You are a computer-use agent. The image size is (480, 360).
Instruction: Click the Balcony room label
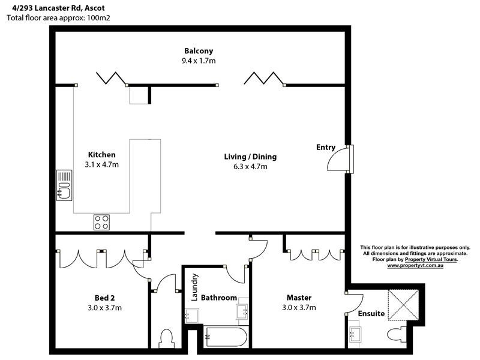pyautogui.click(x=199, y=51)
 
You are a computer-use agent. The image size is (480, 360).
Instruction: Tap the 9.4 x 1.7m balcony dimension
pyautogui.click(x=199, y=61)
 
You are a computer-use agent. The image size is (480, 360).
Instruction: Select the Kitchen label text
pyautogui.click(x=101, y=155)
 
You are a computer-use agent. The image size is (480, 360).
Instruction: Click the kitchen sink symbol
pyautogui.click(x=64, y=185)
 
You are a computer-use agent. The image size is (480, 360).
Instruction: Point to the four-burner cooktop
pyautogui.click(x=101, y=223)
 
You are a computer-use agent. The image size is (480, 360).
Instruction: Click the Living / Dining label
pyautogui.click(x=250, y=157)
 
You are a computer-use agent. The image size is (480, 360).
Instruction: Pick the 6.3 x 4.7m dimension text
pyautogui.click(x=250, y=167)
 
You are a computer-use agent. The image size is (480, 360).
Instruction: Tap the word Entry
pyautogui.click(x=326, y=148)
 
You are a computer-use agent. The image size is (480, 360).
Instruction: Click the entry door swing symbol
pyautogui.click(x=338, y=159)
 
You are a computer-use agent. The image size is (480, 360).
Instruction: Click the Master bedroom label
pyautogui.click(x=298, y=298)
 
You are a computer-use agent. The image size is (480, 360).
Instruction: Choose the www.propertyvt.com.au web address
pyautogui.click(x=415, y=265)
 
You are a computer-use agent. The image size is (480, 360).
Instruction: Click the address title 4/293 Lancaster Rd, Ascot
pyautogui.click(x=55, y=8)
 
